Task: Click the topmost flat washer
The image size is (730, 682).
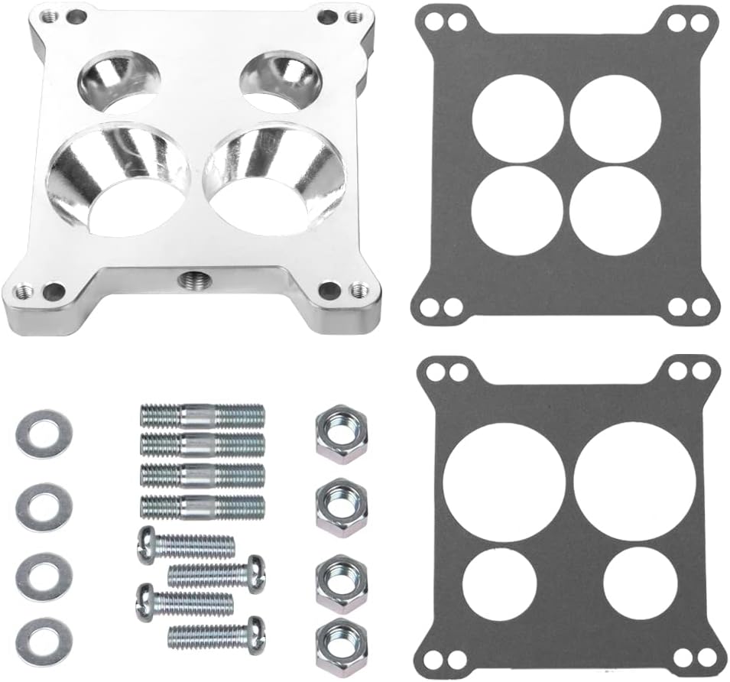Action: pyautogui.click(x=44, y=434)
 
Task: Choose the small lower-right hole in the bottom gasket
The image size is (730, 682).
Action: pyautogui.click(x=641, y=585)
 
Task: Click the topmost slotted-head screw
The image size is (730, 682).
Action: pyautogui.click(x=186, y=545)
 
